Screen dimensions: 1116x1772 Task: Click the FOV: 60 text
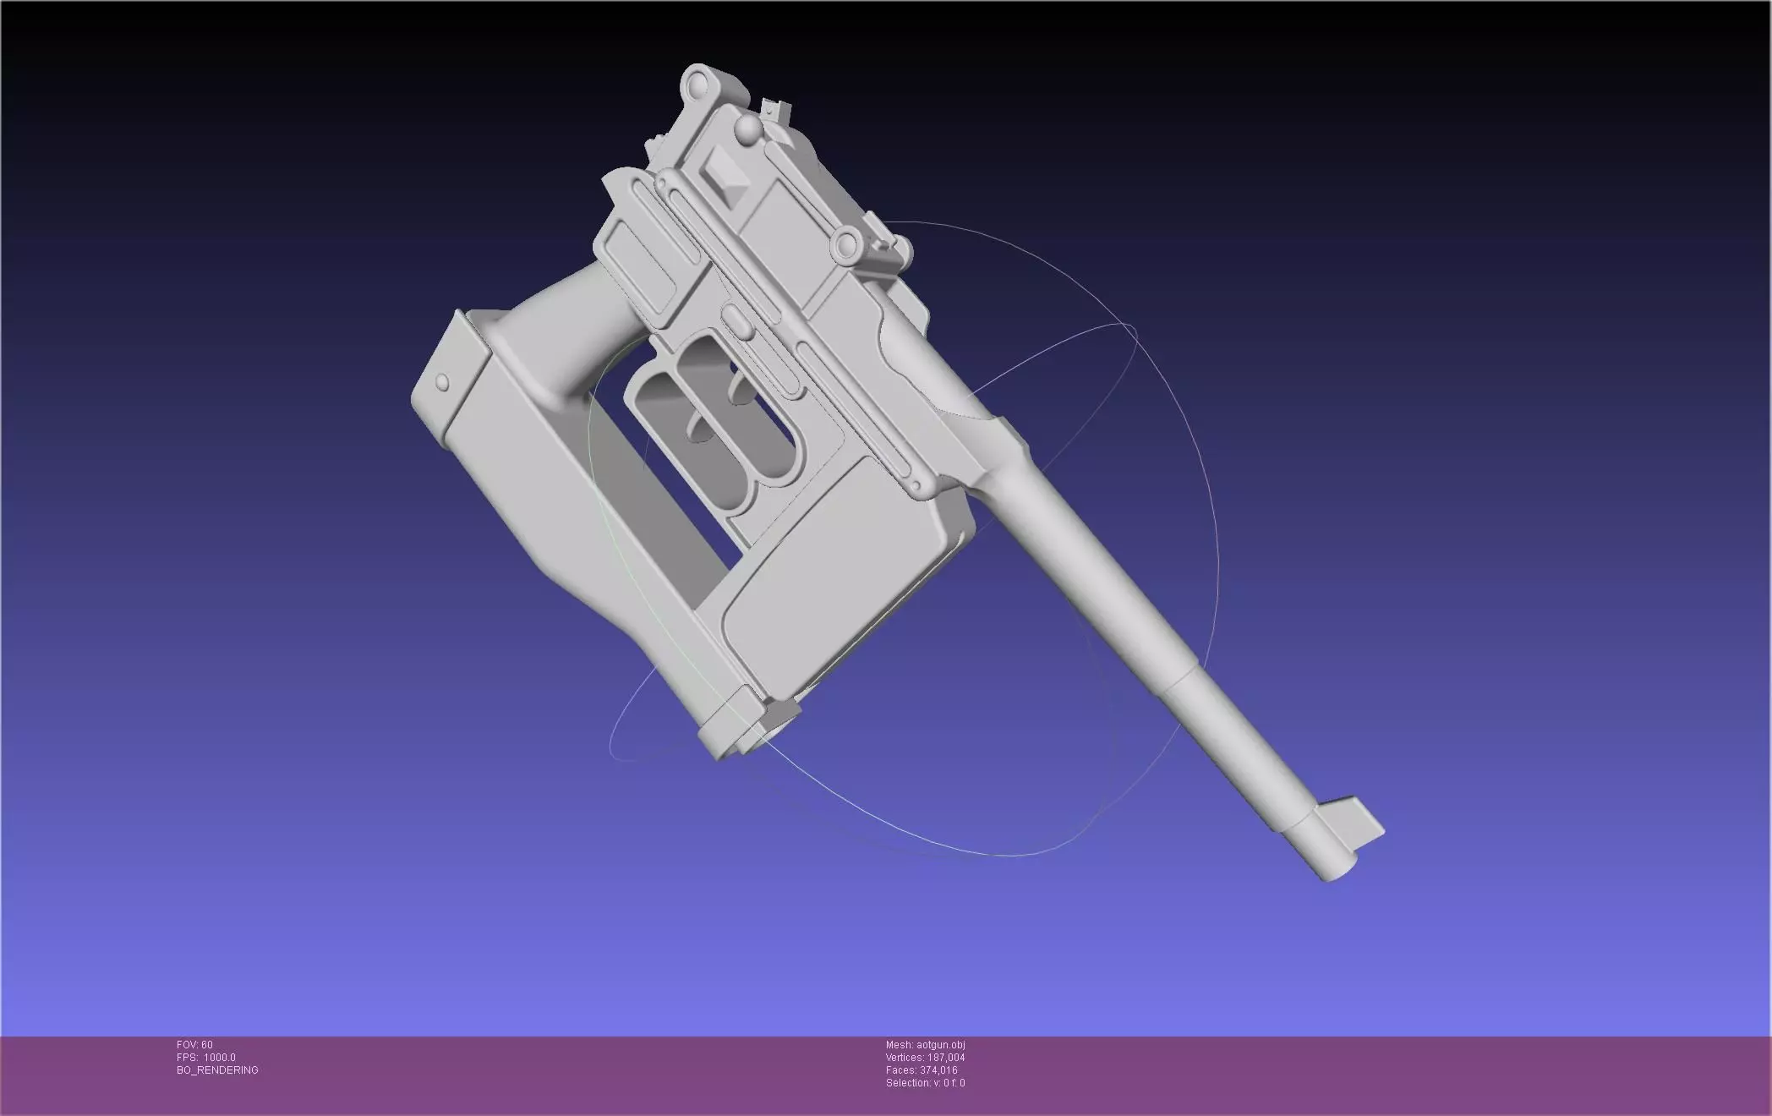[194, 1045]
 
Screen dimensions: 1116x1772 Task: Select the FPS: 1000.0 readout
[205, 1058]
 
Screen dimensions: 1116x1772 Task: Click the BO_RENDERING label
[217, 1070]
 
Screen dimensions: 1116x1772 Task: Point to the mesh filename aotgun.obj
[925, 1045]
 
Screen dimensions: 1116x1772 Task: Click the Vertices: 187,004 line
[925, 1058]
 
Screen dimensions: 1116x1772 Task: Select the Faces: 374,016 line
[922, 1070]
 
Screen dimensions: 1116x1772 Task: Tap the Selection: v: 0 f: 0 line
[925, 1083]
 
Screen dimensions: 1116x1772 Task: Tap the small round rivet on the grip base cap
[441, 382]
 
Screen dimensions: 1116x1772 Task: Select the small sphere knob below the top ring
[748, 129]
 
